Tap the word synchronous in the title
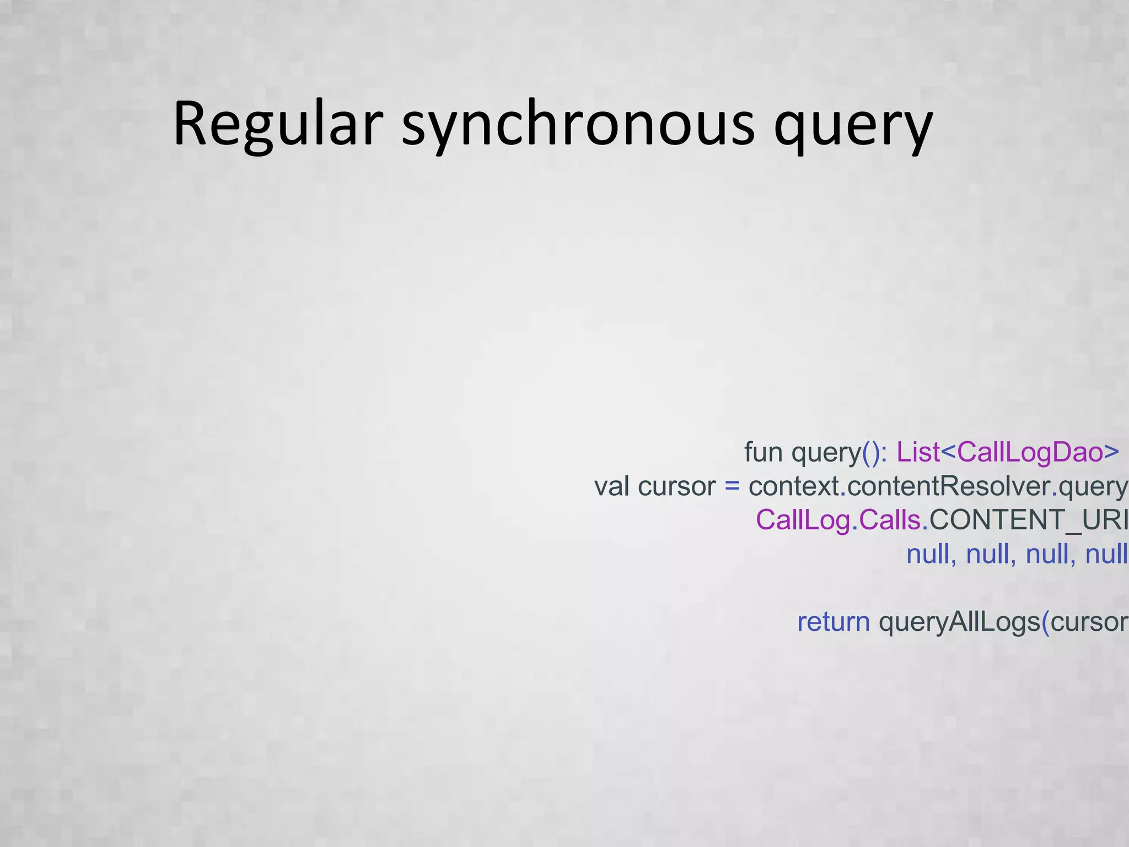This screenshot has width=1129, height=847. [x=578, y=124]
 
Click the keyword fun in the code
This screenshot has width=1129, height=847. [x=763, y=452]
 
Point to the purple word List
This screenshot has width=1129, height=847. [x=918, y=452]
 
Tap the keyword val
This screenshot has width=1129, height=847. [x=612, y=486]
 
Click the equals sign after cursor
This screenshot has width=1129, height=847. [x=732, y=486]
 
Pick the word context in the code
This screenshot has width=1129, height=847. [x=794, y=486]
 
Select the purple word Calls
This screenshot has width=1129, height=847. [x=890, y=520]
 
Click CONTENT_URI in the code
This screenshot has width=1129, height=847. [x=1028, y=520]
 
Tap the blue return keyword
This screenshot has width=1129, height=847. [x=834, y=622]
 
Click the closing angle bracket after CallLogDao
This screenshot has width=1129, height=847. [x=1111, y=452]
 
